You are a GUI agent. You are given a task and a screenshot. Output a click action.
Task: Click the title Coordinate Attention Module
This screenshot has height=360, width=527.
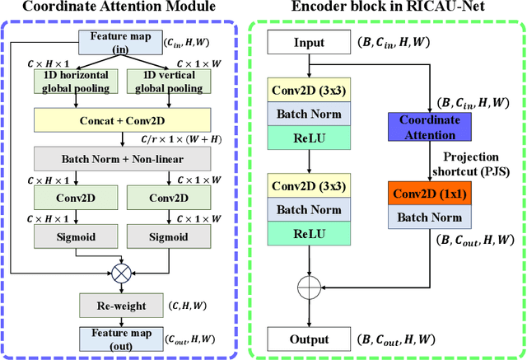pyautogui.click(x=121, y=9)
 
